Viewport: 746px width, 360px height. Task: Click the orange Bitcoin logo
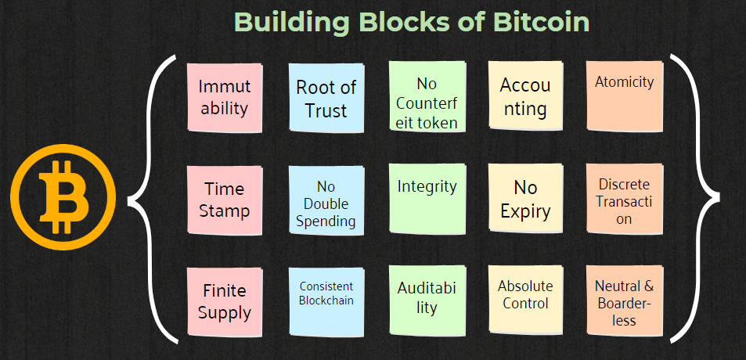point(63,197)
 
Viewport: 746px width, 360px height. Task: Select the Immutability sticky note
point(225,98)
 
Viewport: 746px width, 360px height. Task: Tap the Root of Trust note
point(326,98)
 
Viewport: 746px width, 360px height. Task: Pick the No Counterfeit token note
point(427,96)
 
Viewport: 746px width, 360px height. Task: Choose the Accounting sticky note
point(526,96)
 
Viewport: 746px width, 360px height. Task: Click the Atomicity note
point(624,96)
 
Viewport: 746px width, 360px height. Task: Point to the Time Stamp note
point(225,200)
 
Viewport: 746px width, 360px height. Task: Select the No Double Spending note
point(326,200)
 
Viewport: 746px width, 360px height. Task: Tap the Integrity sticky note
point(427,199)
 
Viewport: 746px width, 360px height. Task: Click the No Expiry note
point(526,199)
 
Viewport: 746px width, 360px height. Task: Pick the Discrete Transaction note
point(624,199)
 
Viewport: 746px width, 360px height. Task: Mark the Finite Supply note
point(225,302)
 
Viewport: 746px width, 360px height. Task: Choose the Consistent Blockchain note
point(326,302)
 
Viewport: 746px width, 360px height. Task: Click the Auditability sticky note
point(427,300)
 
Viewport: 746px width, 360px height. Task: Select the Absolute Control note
point(526,300)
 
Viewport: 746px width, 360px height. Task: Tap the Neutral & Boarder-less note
point(624,301)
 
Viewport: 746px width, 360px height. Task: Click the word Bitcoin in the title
point(542,21)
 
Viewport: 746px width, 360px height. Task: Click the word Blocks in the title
point(405,21)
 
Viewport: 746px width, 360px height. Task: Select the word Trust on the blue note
point(326,110)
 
